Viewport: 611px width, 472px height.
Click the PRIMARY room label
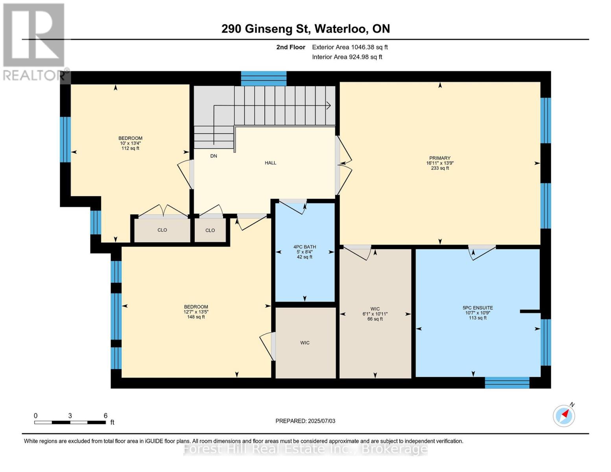[439, 163]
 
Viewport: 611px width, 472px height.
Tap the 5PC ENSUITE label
[477, 313]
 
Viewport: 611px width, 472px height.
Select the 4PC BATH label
[305, 252]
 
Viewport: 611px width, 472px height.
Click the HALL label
[270, 163]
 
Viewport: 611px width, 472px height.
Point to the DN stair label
[214, 156]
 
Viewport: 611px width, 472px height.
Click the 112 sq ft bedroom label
[130, 143]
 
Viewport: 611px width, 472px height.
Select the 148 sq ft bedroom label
[196, 312]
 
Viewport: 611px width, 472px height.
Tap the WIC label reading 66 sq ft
[375, 313]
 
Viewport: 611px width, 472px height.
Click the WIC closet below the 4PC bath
[305, 343]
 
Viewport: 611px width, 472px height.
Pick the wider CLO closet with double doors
[162, 230]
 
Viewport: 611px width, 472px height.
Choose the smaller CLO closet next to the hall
[210, 230]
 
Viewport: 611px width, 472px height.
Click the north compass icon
[564, 415]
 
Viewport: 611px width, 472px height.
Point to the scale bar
[70, 422]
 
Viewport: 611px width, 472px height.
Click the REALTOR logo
[34, 41]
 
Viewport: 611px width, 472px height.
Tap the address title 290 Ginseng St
[305, 29]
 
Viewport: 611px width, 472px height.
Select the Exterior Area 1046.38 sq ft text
[350, 47]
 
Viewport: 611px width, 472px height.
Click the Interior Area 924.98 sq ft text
[347, 57]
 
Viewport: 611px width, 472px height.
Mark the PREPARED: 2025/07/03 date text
[305, 421]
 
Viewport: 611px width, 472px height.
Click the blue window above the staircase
[264, 79]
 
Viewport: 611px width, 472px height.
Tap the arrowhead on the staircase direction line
[328, 105]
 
